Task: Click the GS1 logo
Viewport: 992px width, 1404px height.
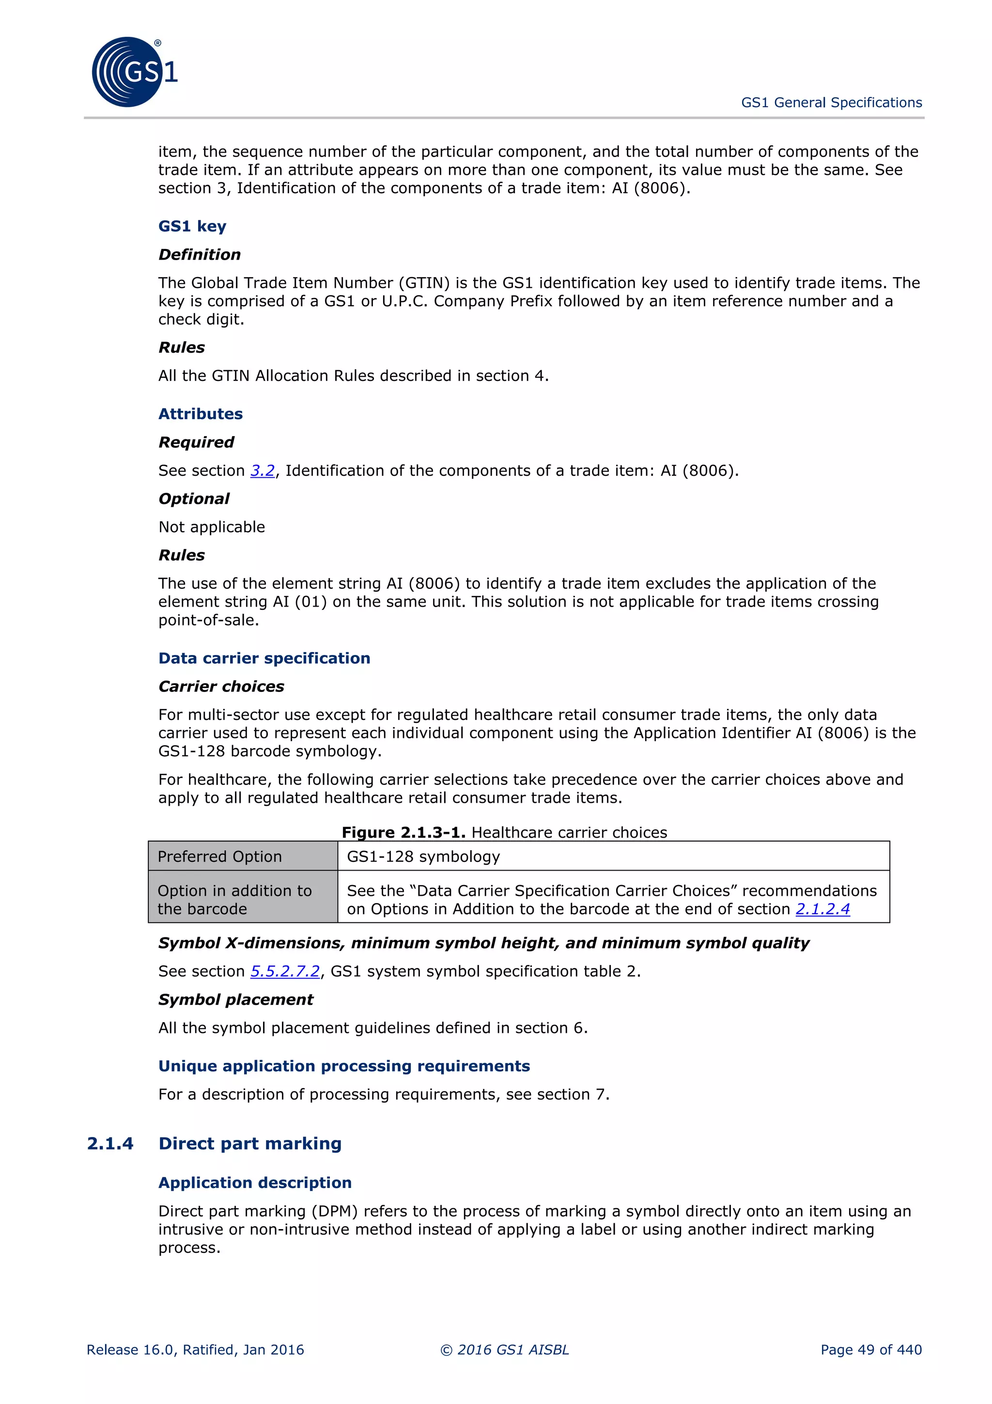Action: (x=133, y=72)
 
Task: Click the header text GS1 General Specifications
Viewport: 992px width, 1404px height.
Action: (x=831, y=103)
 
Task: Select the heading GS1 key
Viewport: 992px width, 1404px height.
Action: (x=192, y=226)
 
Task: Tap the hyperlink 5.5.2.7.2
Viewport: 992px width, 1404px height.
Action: (x=285, y=971)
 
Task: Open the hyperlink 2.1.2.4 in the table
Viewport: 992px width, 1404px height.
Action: (x=822, y=909)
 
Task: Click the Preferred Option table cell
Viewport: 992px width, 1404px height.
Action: (x=243, y=856)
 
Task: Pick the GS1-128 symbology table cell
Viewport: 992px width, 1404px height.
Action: (x=613, y=856)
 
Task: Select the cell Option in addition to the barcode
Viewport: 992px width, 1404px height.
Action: (x=243, y=900)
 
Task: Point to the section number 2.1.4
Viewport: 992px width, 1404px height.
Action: (x=110, y=1143)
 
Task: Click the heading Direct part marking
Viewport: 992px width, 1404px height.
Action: (x=249, y=1143)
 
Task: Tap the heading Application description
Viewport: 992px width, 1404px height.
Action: (x=255, y=1183)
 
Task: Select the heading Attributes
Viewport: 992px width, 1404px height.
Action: (x=201, y=414)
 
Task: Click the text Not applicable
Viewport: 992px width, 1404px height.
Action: (x=212, y=527)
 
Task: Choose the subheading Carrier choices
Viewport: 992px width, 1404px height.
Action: (x=221, y=686)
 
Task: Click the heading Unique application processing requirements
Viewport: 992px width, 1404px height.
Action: (x=343, y=1066)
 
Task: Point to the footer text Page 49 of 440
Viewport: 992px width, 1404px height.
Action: (x=870, y=1350)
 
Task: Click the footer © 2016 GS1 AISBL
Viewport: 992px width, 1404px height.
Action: (x=504, y=1350)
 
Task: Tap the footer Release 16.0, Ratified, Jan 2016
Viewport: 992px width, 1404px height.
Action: (x=195, y=1350)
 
